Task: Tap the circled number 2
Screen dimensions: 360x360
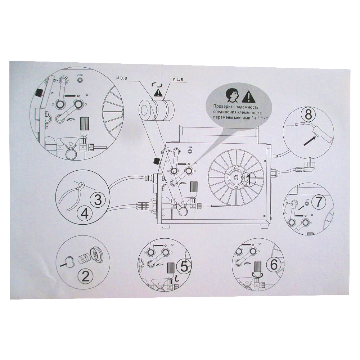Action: [86, 276]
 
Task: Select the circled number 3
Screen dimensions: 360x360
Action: [98, 200]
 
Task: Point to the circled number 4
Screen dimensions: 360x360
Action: [85, 213]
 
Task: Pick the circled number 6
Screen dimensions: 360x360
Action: [274, 265]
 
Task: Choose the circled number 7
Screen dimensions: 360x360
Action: [319, 202]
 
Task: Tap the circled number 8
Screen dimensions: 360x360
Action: [309, 114]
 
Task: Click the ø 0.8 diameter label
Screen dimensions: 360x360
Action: [121, 78]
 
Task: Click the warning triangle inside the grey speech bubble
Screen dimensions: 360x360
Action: [248, 96]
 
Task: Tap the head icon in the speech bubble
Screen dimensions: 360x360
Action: [232, 95]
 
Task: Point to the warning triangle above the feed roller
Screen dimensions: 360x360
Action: [158, 93]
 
